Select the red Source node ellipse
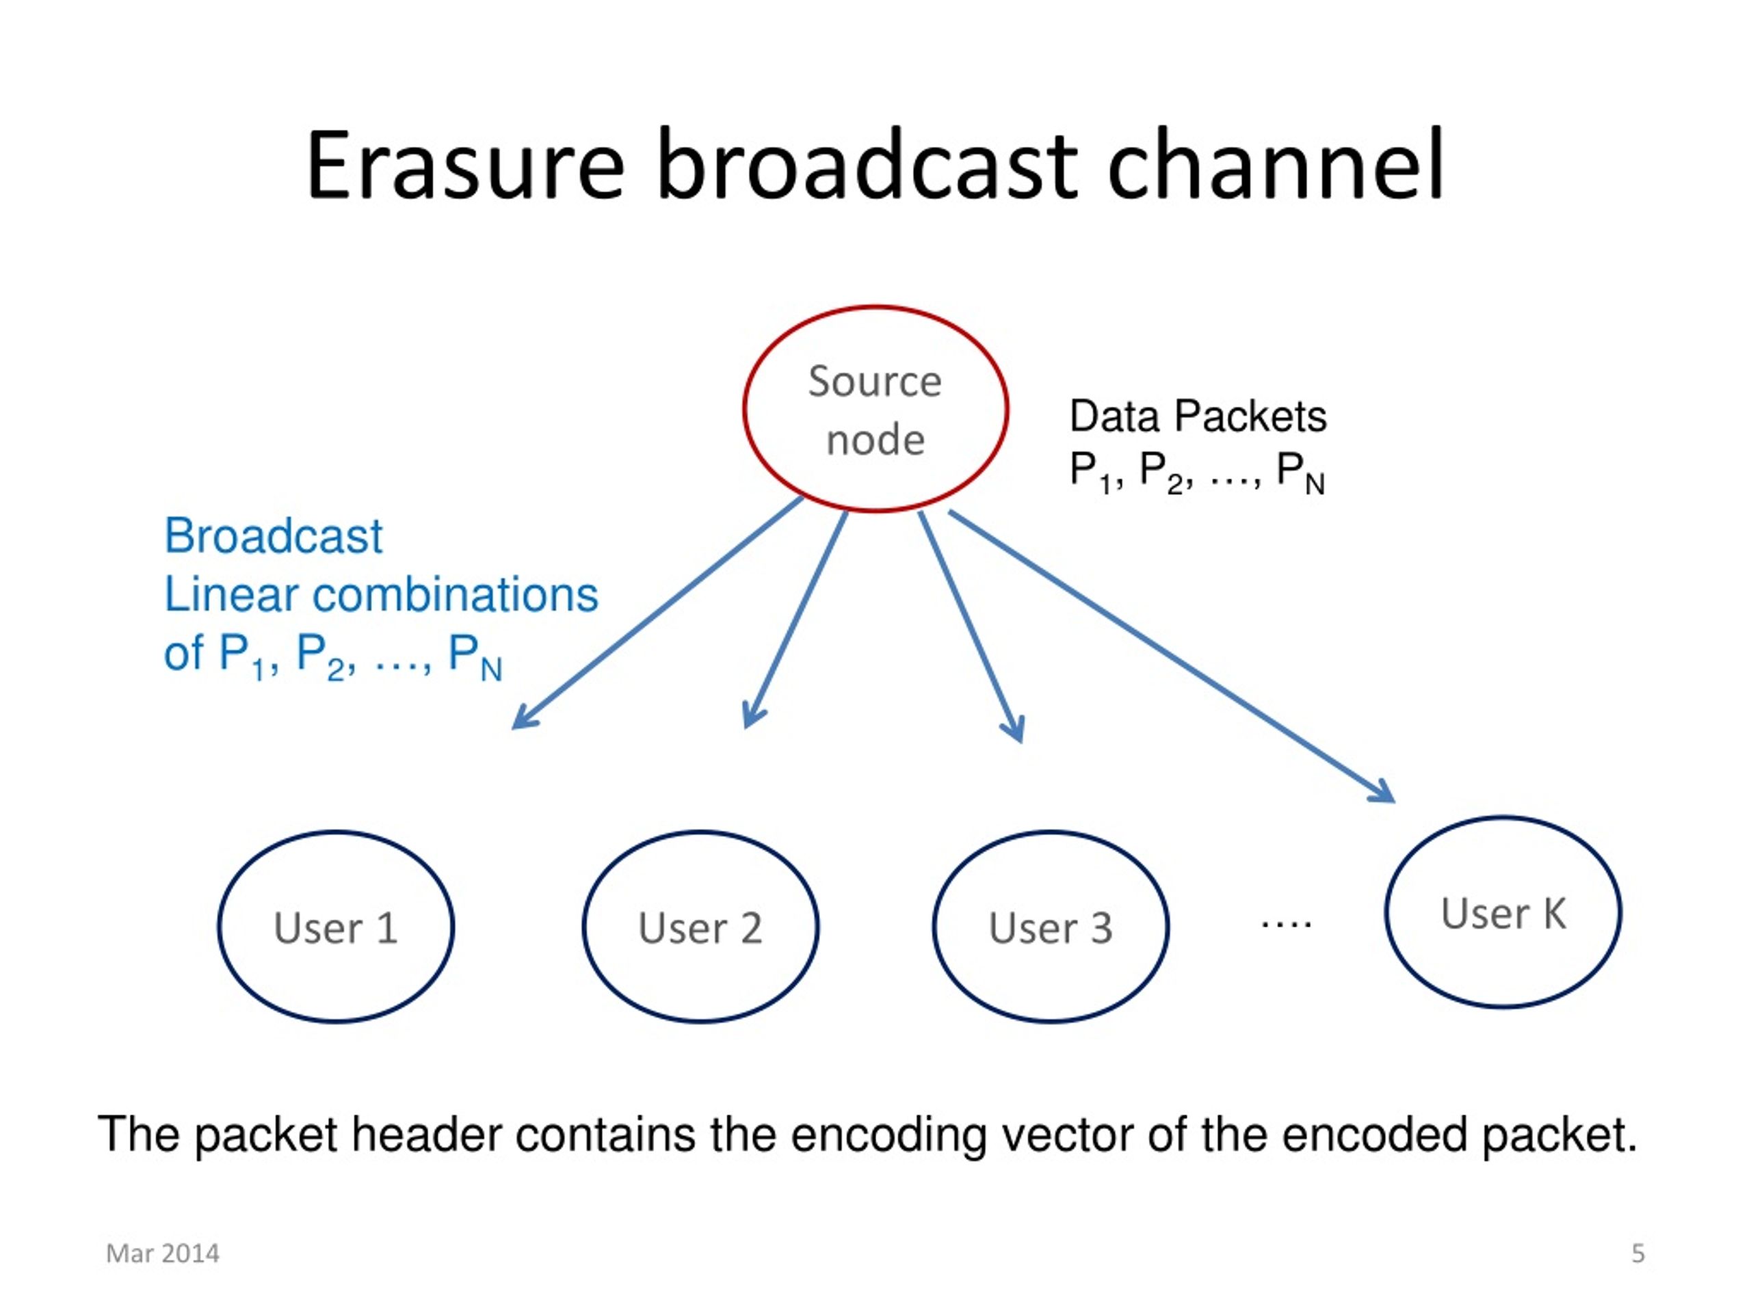(x=875, y=307)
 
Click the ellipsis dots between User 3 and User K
(x=1287, y=923)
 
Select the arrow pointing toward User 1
(x=657, y=613)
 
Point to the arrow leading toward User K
(x=1172, y=657)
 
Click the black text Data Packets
(x=1198, y=416)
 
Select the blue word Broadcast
(x=273, y=536)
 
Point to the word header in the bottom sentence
(x=427, y=1134)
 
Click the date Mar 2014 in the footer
(x=162, y=1254)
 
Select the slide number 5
(x=1638, y=1254)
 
